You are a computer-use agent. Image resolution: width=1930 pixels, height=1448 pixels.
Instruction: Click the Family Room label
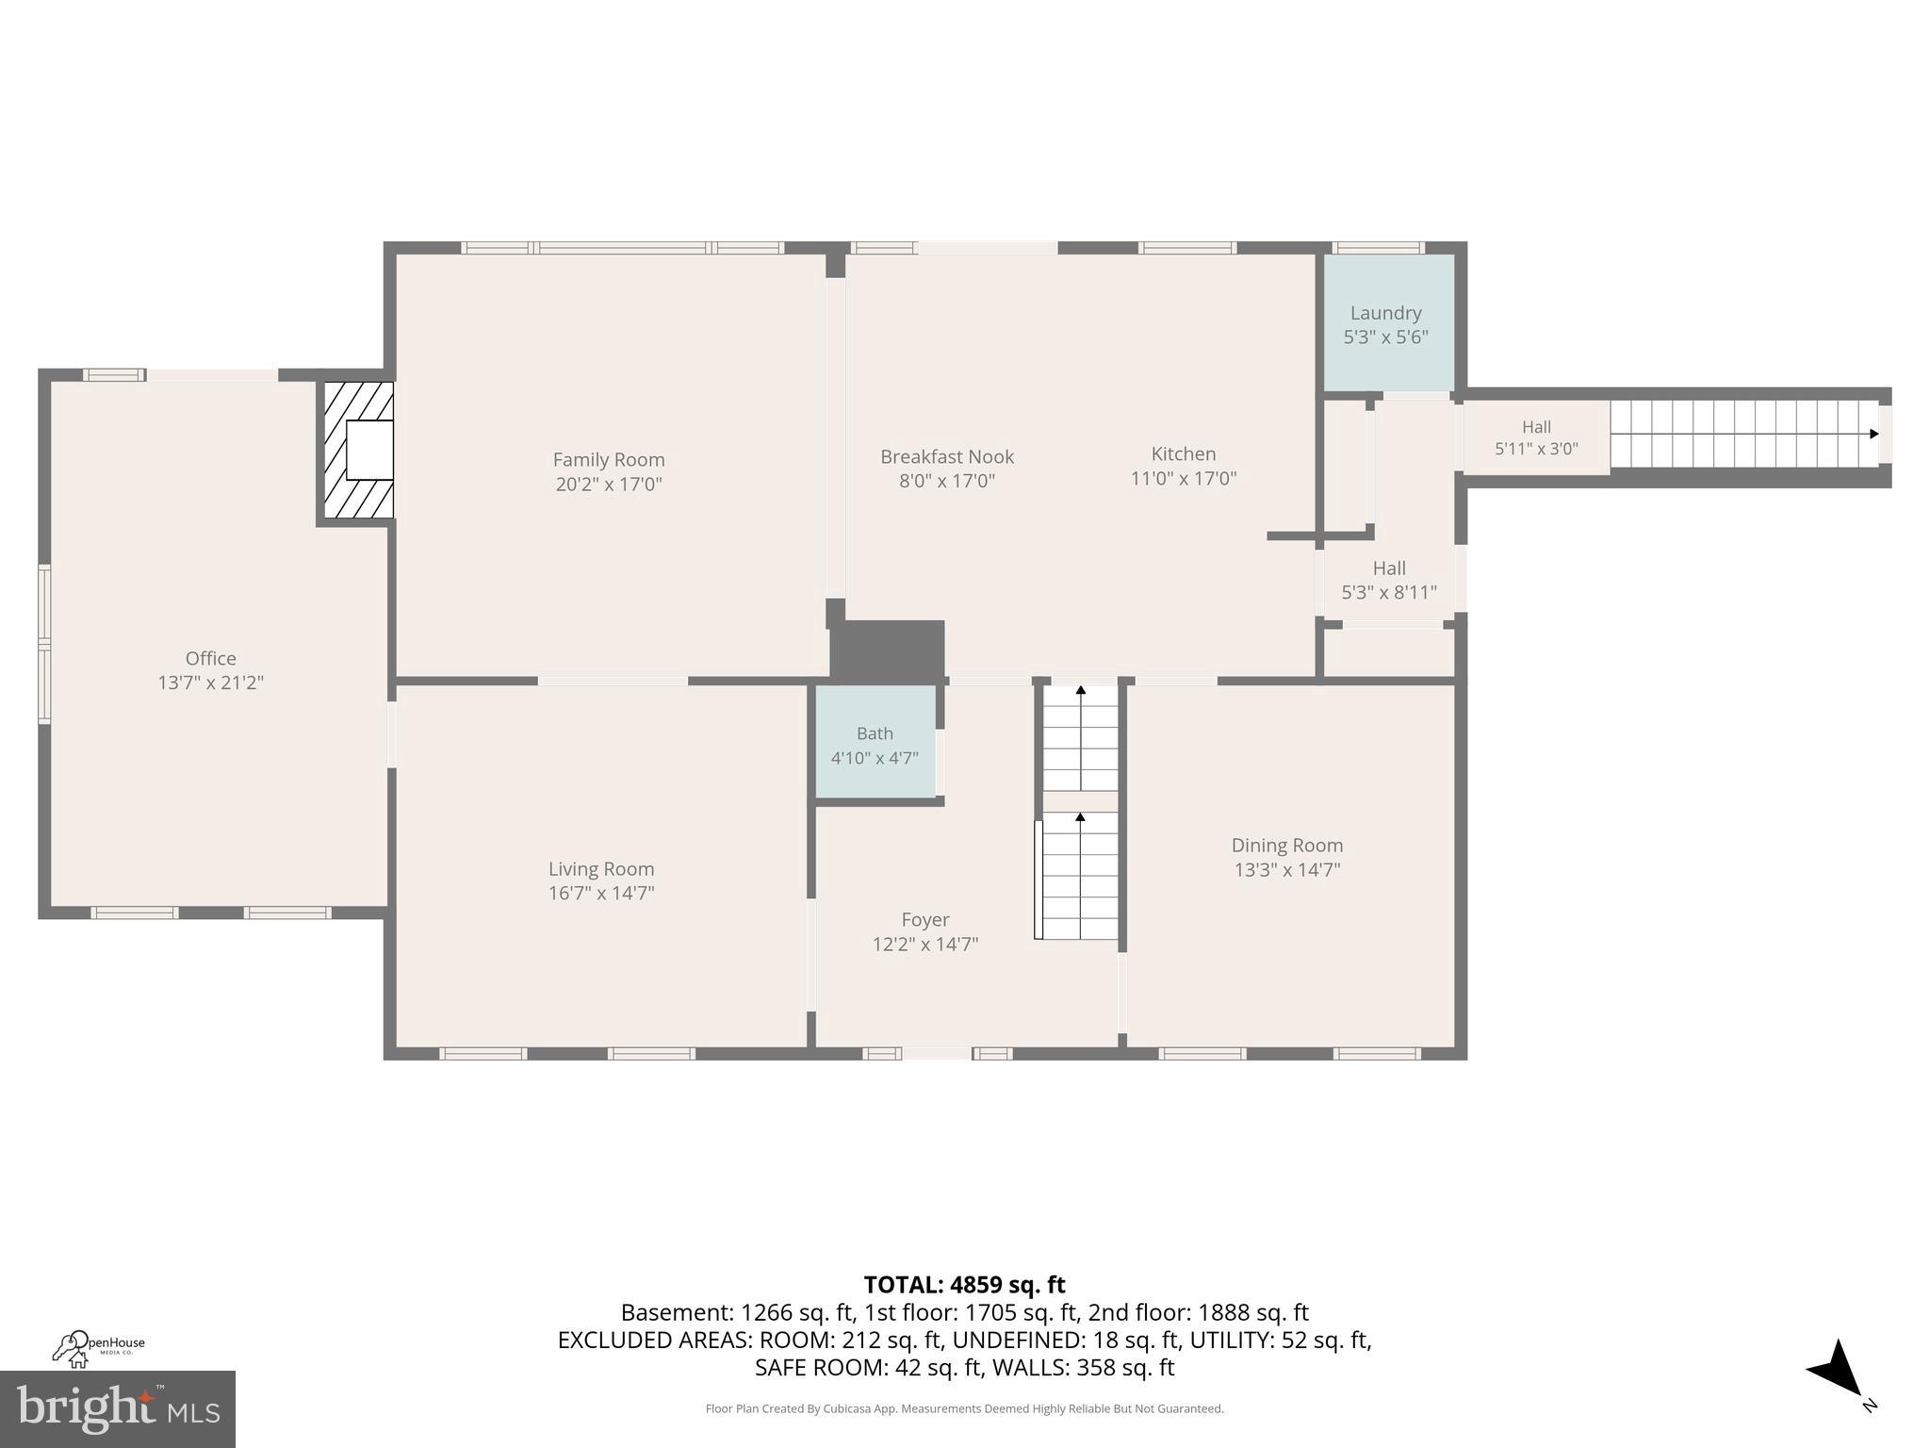(608, 460)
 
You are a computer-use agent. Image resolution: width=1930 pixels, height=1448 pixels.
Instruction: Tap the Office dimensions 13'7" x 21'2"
(210, 683)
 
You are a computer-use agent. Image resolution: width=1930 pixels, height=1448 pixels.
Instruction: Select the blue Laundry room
(1387, 322)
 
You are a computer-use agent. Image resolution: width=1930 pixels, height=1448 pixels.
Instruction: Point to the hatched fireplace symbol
(359, 450)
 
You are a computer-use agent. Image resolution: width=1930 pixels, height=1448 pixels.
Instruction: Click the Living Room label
(601, 869)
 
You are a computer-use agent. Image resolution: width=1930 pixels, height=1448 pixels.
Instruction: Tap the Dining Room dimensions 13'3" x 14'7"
(1286, 869)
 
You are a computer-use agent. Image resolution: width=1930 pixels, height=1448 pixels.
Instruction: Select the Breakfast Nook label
(946, 457)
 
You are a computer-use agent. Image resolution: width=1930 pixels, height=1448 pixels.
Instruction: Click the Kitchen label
(1183, 454)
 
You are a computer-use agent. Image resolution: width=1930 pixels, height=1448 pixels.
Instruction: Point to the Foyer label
(924, 920)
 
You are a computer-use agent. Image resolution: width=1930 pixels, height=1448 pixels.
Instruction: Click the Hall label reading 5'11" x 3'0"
(1536, 438)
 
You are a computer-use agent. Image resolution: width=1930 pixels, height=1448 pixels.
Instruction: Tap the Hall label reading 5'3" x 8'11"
(1388, 581)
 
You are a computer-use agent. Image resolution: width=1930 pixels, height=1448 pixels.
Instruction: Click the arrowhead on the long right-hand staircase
(1873, 434)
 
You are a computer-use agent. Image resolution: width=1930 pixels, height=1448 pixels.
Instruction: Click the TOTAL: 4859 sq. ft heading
(964, 1285)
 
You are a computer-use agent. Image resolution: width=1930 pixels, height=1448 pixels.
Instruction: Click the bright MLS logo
(118, 1409)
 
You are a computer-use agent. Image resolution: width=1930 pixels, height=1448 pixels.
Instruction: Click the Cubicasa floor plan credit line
(964, 1408)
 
